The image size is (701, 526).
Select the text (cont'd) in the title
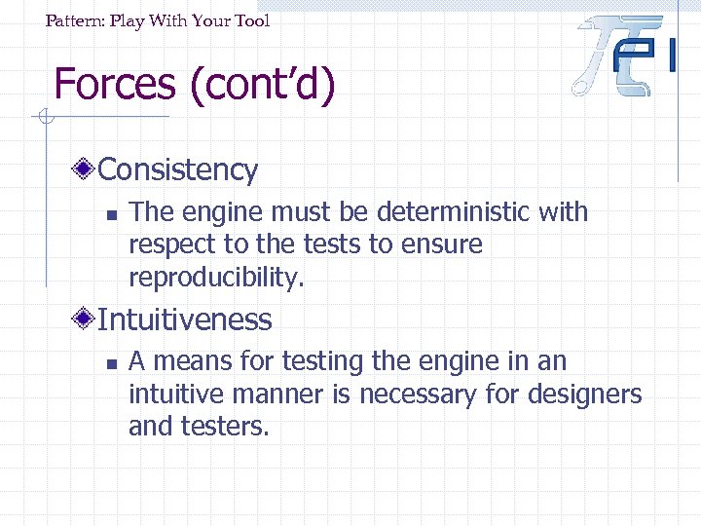(263, 84)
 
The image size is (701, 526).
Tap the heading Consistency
(178, 169)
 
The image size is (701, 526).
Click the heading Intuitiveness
(185, 319)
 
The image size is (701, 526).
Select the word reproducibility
(216, 278)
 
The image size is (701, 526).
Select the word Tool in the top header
(252, 20)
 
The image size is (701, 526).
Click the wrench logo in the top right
(623, 55)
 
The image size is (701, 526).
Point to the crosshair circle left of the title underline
(44, 119)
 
